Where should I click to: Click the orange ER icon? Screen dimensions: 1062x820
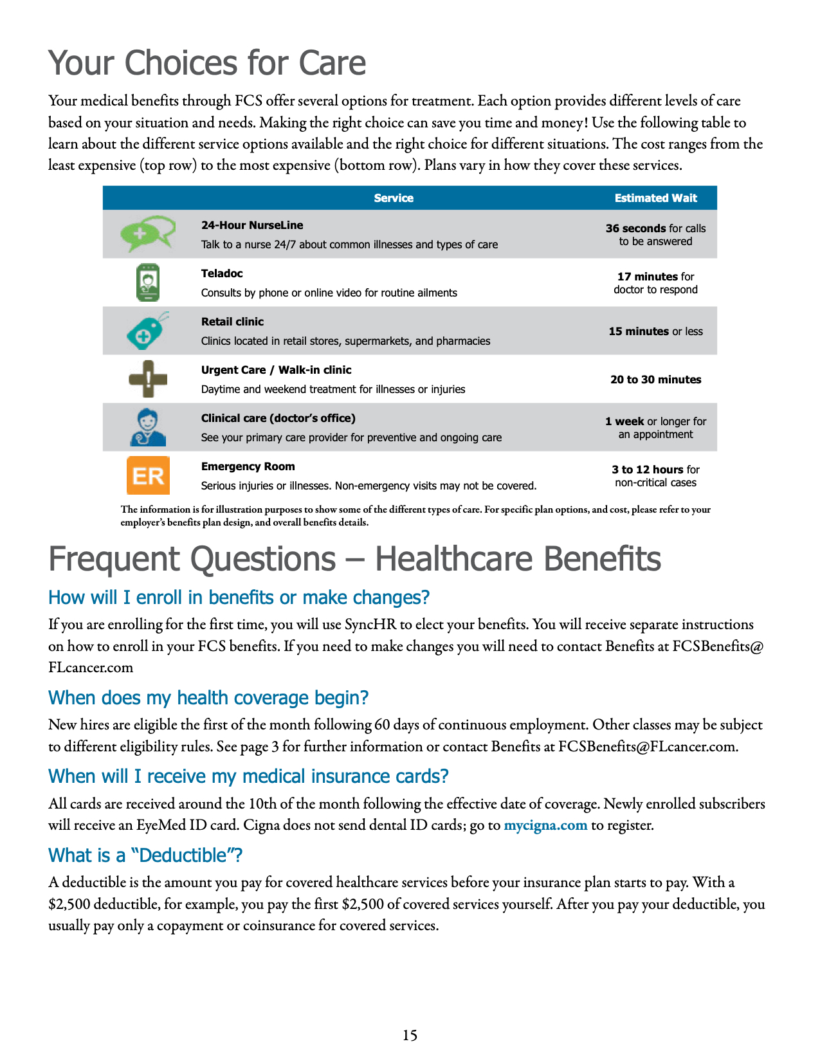pyautogui.click(x=148, y=475)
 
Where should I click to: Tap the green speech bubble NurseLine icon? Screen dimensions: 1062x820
pyautogui.click(x=148, y=233)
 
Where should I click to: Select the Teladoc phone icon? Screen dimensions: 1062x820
pyautogui.click(x=148, y=282)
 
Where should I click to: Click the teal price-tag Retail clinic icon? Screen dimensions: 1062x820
pyautogui.click(x=147, y=331)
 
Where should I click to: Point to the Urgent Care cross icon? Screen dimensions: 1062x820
pyautogui.click(x=148, y=379)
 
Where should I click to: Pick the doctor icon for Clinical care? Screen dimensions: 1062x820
pyautogui.click(x=148, y=428)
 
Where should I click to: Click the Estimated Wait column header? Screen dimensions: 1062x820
pyautogui.click(x=655, y=198)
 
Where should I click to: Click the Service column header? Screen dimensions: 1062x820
pyautogui.click(x=394, y=198)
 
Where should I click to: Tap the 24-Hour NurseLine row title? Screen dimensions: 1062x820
pyautogui.click(x=252, y=225)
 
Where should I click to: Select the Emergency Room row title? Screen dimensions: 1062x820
pyautogui.click(x=248, y=466)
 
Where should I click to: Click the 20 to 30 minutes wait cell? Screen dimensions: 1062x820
pyautogui.click(x=655, y=380)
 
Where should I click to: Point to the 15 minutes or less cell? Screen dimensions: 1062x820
pyautogui.click(x=655, y=331)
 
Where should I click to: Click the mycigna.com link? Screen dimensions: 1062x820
pyautogui.click(x=545, y=825)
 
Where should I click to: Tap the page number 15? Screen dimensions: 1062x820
pyautogui.click(x=410, y=1035)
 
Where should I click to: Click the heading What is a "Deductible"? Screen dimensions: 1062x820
pyautogui.click(x=145, y=856)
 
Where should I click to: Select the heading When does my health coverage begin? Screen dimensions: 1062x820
pyautogui.click(x=208, y=698)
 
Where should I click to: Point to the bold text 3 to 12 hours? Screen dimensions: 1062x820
pyautogui.click(x=647, y=470)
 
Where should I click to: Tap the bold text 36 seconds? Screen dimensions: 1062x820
pyautogui.click(x=635, y=228)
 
